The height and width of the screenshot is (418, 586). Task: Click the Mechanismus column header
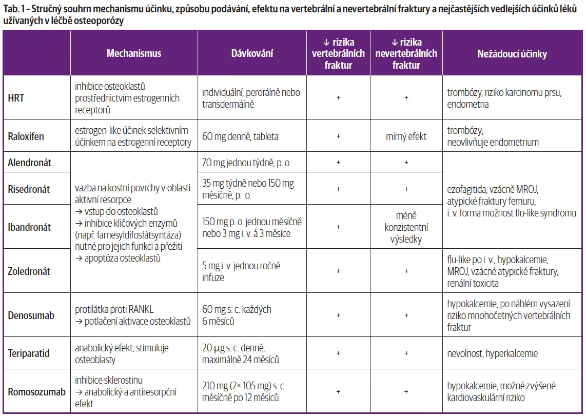click(x=134, y=53)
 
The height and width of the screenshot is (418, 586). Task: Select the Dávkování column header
click(x=252, y=53)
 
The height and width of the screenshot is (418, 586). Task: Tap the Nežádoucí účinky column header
click(x=512, y=53)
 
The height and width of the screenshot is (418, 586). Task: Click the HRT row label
click(x=16, y=98)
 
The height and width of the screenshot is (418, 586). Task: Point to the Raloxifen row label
click(x=26, y=136)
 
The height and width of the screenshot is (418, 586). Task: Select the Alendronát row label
click(x=30, y=163)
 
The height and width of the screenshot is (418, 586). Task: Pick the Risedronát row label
click(x=29, y=189)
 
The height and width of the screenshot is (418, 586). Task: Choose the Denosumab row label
click(x=31, y=315)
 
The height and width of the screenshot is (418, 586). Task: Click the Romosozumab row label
click(x=36, y=392)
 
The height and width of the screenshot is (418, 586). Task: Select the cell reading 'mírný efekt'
click(x=406, y=136)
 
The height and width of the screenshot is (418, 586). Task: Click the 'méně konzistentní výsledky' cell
click(x=406, y=227)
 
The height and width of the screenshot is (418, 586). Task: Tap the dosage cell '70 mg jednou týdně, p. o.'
click(x=247, y=163)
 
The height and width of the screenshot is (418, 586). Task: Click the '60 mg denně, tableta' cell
click(x=241, y=136)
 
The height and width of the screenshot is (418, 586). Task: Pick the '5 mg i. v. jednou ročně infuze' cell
click(x=241, y=271)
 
